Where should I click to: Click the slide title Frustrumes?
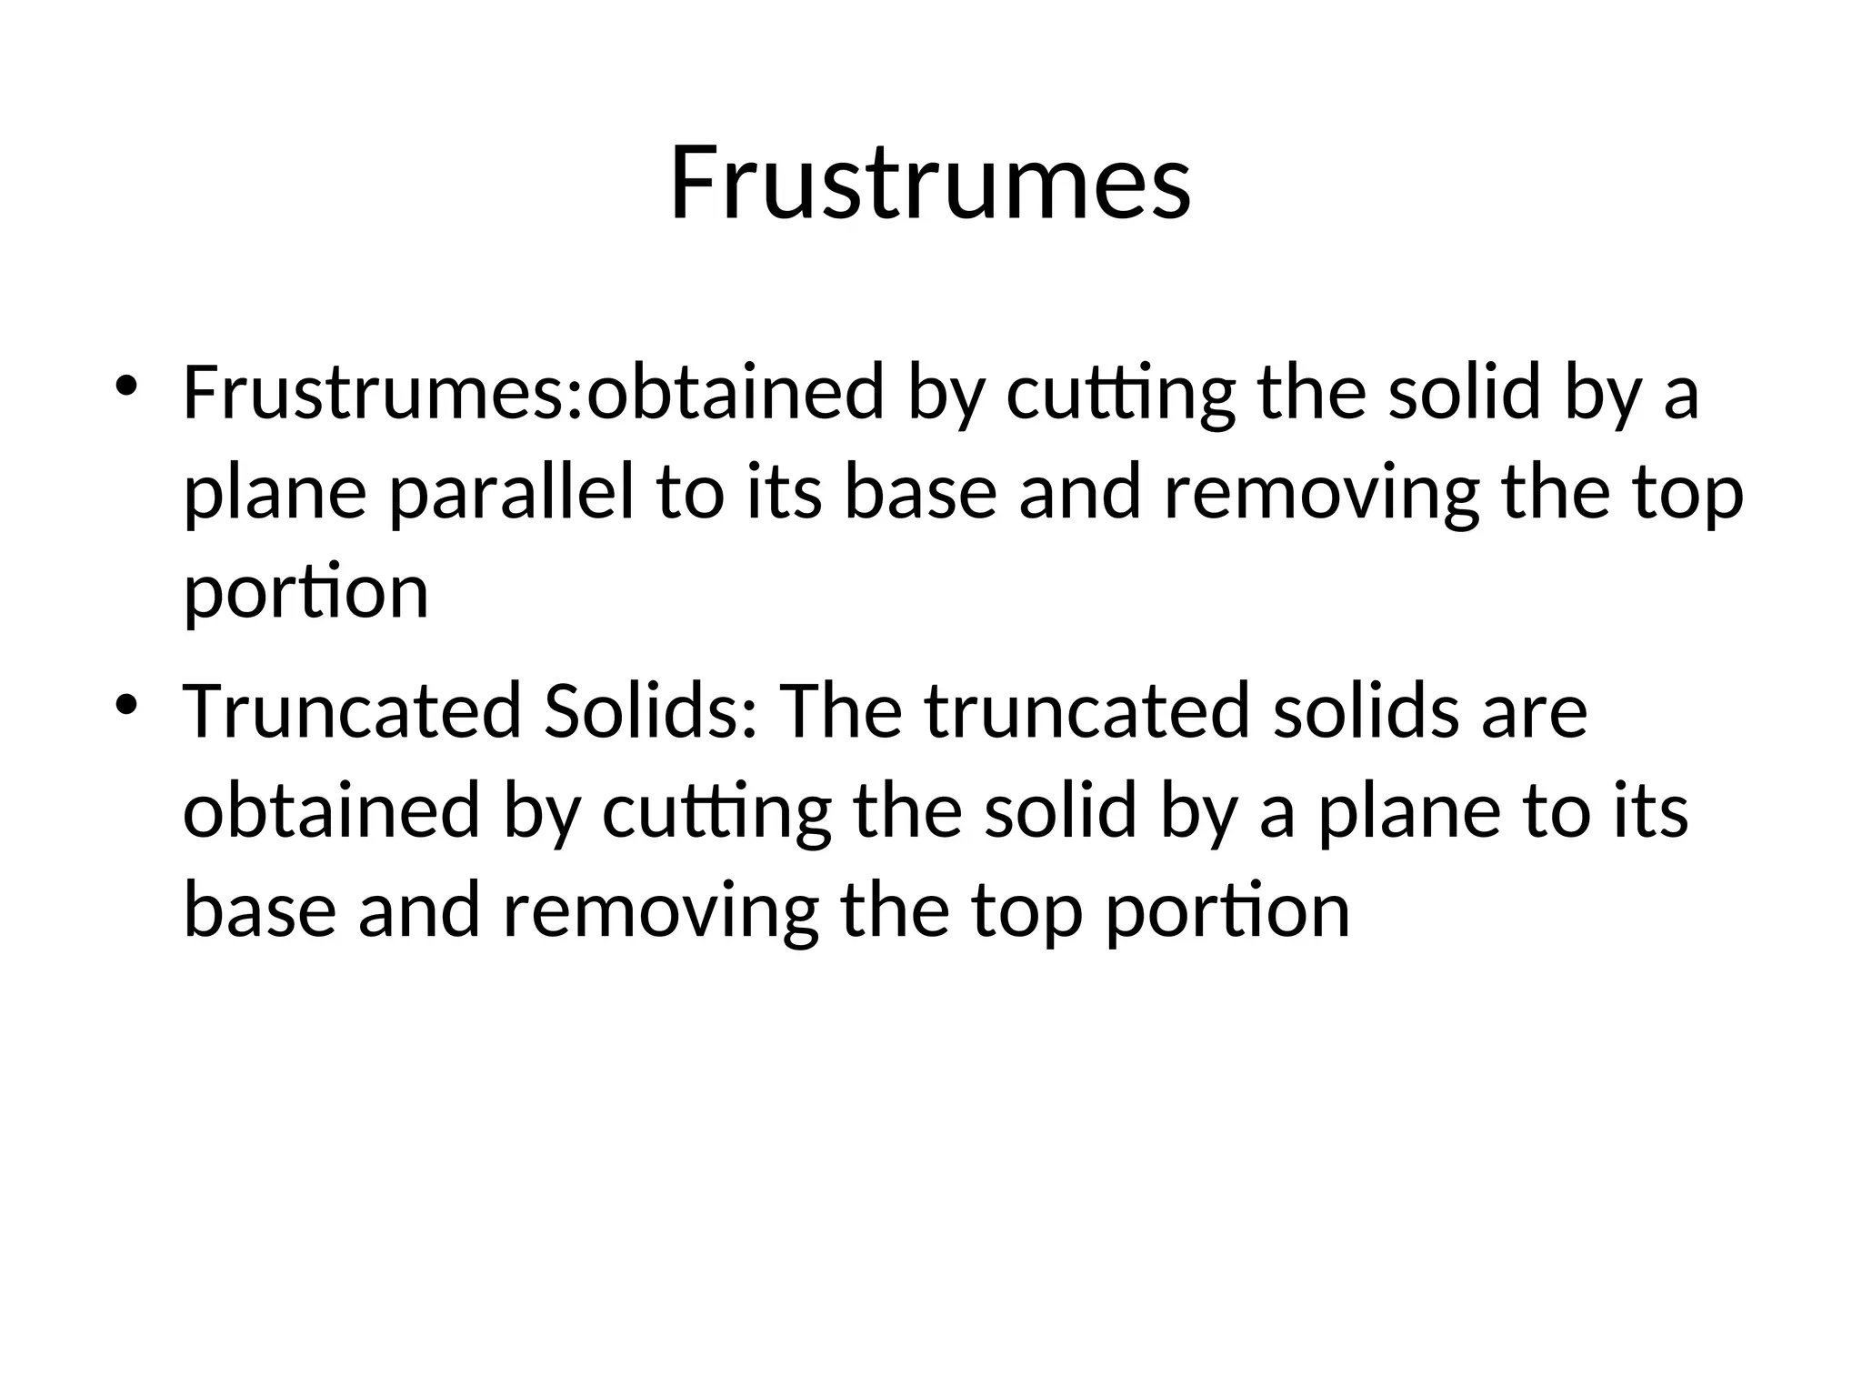930,184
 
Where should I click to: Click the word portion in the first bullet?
305,594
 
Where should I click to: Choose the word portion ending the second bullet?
1227,912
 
